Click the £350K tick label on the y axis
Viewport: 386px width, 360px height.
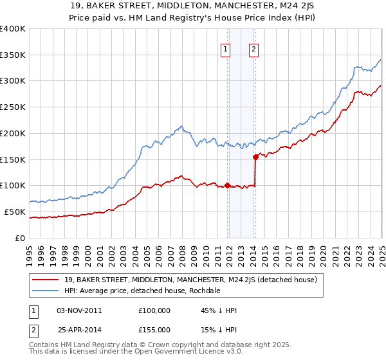tap(13, 55)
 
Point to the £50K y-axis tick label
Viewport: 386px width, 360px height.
tap(15, 212)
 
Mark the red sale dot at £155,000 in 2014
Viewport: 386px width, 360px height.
tap(255, 156)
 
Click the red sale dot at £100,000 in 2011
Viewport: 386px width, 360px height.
tap(227, 185)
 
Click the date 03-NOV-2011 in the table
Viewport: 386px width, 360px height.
tap(79, 310)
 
